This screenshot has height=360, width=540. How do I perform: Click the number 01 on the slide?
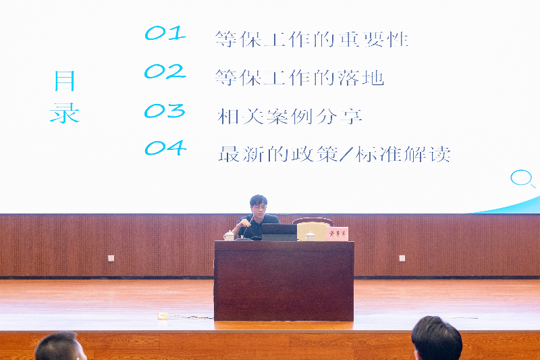click(x=165, y=34)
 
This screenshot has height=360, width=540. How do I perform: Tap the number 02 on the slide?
click(x=165, y=72)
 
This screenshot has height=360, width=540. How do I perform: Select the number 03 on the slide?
click(x=165, y=111)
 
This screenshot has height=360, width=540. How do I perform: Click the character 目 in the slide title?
click(x=64, y=82)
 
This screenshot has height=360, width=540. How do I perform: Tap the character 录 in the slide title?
click(x=64, y=112)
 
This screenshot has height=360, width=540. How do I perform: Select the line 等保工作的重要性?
click(x=312, y=39)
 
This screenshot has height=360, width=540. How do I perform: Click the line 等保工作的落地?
click(x=300, y=78)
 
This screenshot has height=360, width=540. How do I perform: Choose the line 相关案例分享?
click(x=290, y=116)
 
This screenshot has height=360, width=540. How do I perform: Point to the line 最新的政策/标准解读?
click(x=334, y=154)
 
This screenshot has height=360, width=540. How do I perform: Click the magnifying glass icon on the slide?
click(x=522, y=178)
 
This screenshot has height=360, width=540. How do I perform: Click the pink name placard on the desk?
click(x=337, y=234)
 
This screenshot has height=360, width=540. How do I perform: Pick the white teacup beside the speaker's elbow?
click(x=230, y=236)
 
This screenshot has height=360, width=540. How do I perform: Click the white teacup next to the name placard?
click(x=310, y=236)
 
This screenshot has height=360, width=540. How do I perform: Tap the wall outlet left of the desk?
click(x=111, y=258)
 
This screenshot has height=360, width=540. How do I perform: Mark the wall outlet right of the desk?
click(x=402, y=258)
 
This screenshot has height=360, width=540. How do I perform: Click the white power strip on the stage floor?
click(x=163, y=315)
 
